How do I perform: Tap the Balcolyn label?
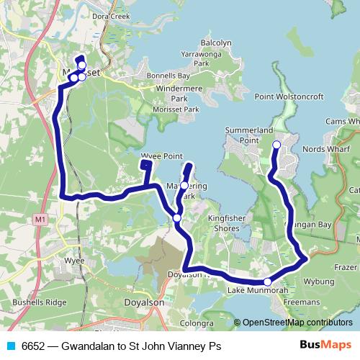tap(216, 42)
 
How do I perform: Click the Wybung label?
tap(320, 281)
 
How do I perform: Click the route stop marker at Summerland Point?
tap(276, 145)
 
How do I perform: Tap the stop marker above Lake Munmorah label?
tap(267, 282)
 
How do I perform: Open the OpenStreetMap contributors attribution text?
tap(297, 323)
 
